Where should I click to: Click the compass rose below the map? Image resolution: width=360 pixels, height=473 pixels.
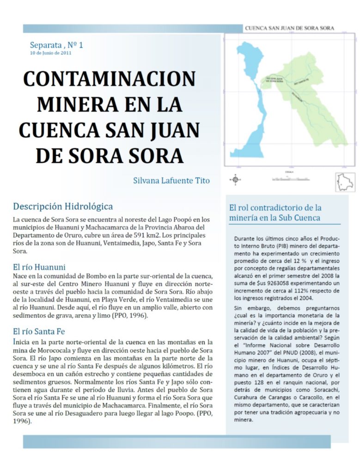(x=235, y=179)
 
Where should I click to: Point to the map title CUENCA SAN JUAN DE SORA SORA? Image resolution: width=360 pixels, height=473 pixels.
(x=289, y=28)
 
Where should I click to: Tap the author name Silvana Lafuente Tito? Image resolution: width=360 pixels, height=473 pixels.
(x=171, y=181)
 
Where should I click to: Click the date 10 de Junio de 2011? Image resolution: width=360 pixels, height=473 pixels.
(x=50, y=53)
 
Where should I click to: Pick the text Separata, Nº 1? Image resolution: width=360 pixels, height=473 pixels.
(x=56, y=45)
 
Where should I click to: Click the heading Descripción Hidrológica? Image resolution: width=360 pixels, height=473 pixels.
(x=63, y=206)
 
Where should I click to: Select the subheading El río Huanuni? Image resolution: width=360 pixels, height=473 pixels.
(x=39, y=267)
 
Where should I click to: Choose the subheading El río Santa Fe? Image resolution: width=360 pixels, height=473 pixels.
(x=39, y=331)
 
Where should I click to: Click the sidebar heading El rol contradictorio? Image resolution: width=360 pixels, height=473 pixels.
(x=275, y=207)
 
